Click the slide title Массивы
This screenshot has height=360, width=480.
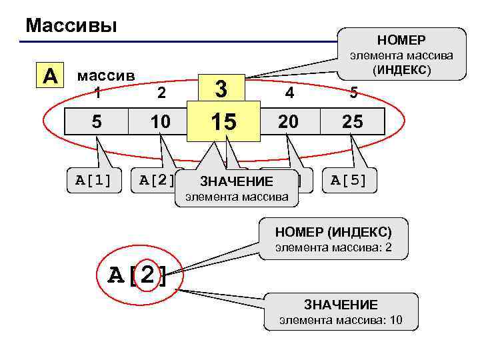tap(71, 26)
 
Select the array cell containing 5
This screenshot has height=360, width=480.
tap(97, 121)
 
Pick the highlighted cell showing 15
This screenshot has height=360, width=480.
tap(223, 121)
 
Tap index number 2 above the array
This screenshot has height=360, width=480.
tap(161, 93)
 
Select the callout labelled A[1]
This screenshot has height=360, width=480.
tap(93, 179)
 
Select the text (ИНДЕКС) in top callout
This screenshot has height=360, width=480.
tap(402, 70)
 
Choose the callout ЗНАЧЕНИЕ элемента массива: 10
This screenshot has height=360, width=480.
tap(341, 311)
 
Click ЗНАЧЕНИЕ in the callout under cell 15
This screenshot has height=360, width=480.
tap(237, 181)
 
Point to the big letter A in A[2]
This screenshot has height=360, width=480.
tap(119, 274)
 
